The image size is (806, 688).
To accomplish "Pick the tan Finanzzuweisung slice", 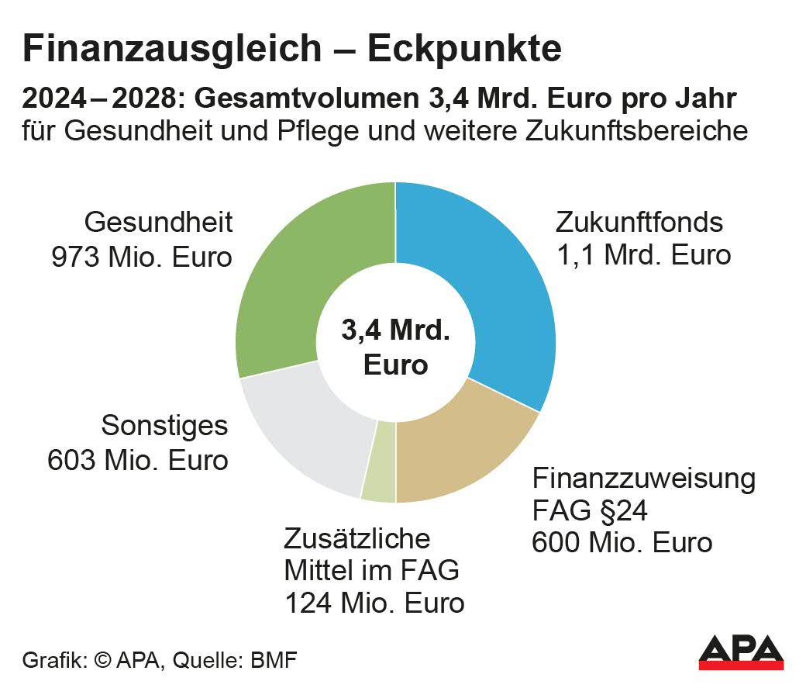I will coord(457,450).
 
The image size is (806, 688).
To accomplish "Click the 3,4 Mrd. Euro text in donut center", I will coord(395,347).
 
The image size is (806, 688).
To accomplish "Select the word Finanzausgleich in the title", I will coord(170,49).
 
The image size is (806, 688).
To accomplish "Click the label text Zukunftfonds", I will coord(639,223).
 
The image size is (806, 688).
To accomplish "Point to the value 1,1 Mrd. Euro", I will coord(643,254).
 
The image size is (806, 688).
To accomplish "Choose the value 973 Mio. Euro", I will coord(142,257).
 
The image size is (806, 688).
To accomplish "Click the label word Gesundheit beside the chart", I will coord(159,223).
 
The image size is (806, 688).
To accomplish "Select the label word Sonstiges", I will coord(165,426).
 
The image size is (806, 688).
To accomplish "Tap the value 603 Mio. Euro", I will coord(138,459).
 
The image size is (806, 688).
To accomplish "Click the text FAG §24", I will coord(589,511).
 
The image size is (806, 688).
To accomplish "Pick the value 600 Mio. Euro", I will coord(622,542).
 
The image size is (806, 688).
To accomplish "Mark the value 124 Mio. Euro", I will coord(374,603).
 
